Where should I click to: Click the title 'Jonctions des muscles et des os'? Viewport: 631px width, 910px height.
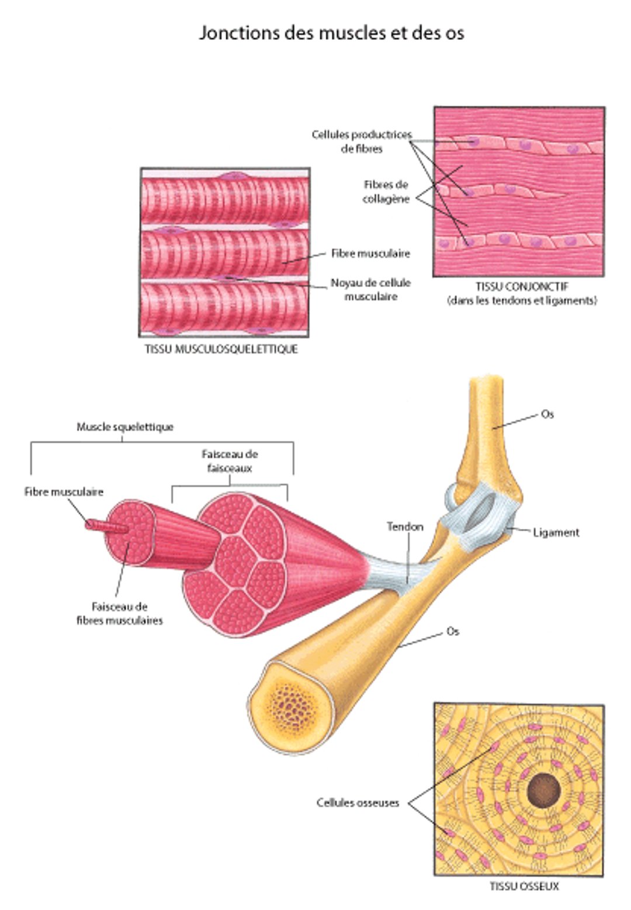331,32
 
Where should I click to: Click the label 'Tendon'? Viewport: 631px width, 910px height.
405,527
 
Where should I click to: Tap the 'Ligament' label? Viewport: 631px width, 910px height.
556,532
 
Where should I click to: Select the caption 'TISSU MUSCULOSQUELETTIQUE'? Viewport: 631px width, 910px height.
221,349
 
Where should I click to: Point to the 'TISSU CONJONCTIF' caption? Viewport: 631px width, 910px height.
522,287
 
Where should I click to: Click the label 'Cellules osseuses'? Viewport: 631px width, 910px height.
358,802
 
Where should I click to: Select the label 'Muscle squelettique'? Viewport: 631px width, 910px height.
125,427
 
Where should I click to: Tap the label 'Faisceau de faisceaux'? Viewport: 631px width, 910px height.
230,461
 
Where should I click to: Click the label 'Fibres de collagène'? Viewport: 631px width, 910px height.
386,192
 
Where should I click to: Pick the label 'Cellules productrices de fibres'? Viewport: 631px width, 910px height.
362,141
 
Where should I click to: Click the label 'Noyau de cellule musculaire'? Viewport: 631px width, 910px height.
370,289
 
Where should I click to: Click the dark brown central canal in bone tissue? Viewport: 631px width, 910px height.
543,791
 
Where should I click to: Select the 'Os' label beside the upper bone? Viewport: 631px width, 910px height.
547,414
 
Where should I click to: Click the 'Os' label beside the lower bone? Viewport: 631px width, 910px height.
452,632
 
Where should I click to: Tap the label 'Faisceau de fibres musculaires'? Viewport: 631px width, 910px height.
120,614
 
